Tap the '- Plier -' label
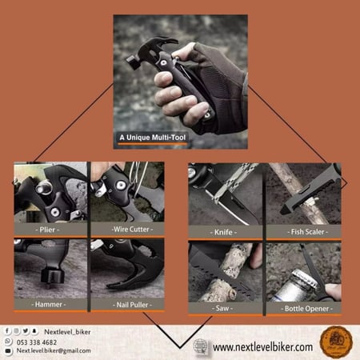tap(50, 228)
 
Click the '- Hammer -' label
tap(50, 304)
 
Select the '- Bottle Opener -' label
tap(303, 307)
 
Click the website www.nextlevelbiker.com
tap(262, 346)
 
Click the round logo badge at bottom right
tap(334, 342)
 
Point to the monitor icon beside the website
tap(203, 346)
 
